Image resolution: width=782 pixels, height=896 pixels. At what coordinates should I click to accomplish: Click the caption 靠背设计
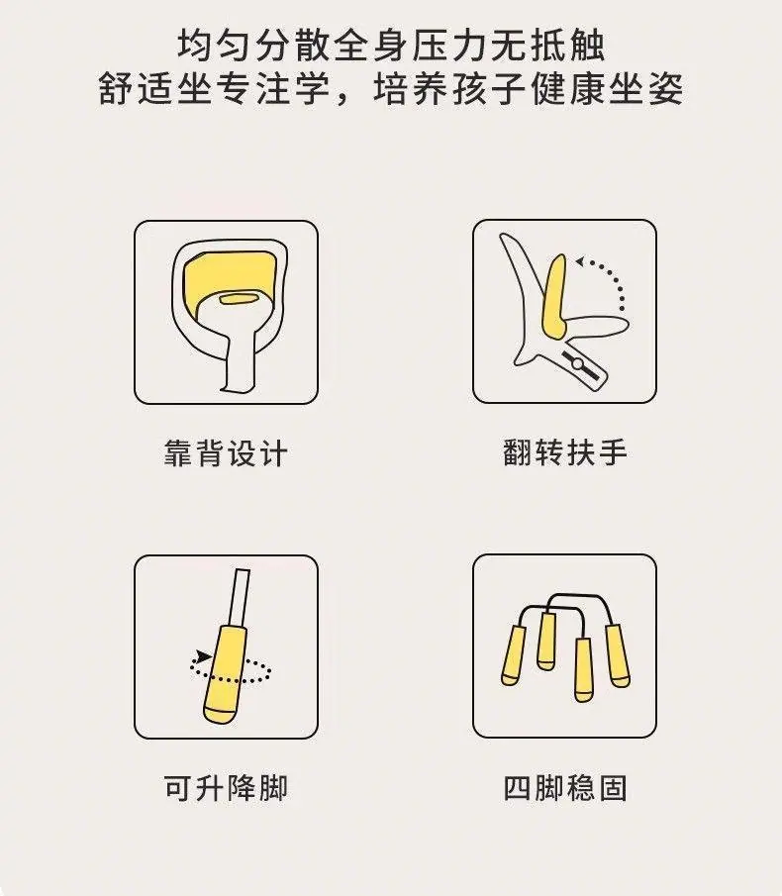point(226,453)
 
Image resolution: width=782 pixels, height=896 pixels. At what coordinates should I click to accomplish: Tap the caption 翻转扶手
point(565,452)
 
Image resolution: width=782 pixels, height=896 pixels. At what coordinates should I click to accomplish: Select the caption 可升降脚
point(226,788)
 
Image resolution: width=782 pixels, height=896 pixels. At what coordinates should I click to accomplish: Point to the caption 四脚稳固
point(565,788)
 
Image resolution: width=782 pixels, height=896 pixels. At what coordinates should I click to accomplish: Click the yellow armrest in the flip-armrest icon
point(554,297)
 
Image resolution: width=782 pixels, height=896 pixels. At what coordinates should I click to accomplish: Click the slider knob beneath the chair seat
point(577,363)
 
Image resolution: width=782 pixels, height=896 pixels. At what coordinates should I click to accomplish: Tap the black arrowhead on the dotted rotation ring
point(202,656)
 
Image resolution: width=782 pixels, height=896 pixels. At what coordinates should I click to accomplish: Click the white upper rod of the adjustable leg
point(239,598)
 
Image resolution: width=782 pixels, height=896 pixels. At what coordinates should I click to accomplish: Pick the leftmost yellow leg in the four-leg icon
point(513,655)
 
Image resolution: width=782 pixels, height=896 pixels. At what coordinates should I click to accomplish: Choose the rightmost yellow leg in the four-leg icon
point(618,656)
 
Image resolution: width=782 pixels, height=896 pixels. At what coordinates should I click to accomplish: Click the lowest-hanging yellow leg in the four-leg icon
point(583,669)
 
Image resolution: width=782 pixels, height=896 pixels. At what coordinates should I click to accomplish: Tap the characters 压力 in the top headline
point(450,46)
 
